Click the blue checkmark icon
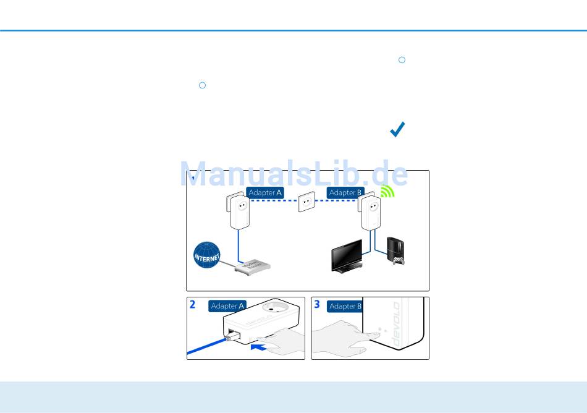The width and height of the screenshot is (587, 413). point(397,129)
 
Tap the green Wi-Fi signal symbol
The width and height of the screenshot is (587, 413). point(387,192)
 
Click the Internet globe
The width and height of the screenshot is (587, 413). point(207,255)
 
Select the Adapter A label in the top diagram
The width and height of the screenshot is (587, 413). point(265,193)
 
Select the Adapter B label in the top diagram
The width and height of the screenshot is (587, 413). point(345,193)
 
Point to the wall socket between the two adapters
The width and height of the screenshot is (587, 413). point(306,202)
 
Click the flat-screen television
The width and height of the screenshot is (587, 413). point(346,255)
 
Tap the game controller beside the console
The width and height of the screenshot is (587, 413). point(396,260)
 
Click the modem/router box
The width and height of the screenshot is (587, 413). point(252,268)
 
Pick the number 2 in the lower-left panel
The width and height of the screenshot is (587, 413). point(193,305)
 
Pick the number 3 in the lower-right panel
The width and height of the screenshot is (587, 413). point(317,305)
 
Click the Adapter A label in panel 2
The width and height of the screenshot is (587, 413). point(227,306)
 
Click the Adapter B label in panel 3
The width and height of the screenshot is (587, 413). point(345,306)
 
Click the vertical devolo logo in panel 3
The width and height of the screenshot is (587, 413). point(396,324)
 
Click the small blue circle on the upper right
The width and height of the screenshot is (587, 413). point(402,60)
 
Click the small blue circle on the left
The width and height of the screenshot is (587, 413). point(202,85)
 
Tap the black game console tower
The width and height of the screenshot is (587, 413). point(394,247)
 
